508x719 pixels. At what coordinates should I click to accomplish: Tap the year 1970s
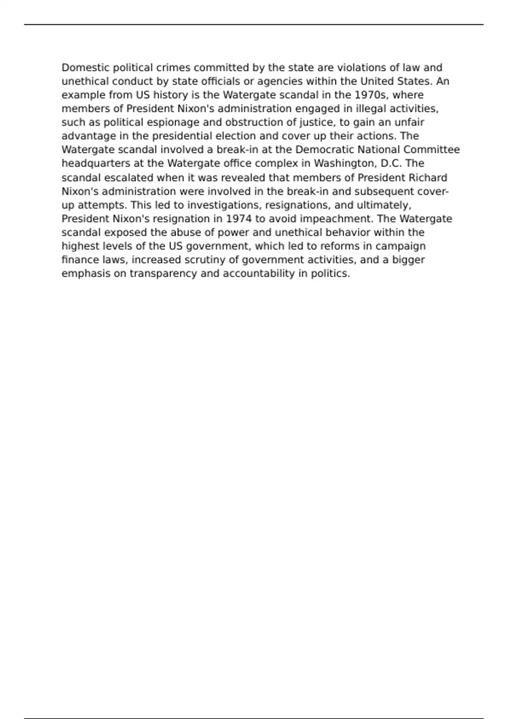pos(372,95)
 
